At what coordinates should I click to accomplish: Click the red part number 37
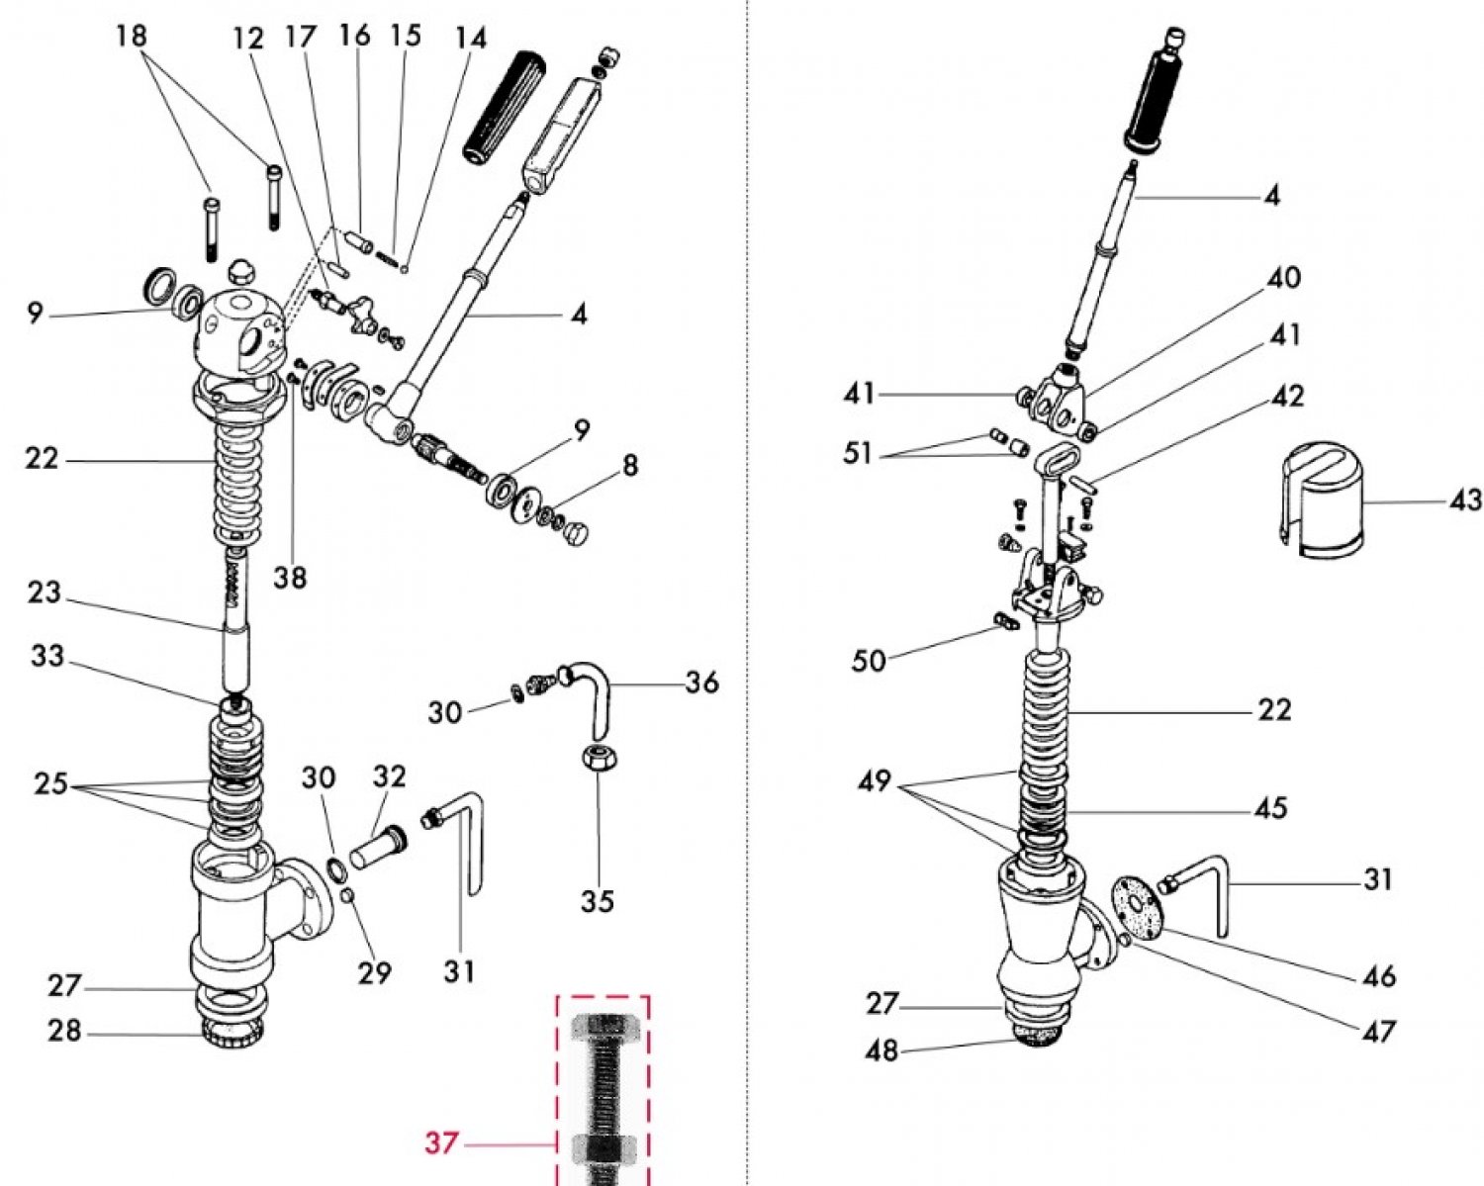[x=441, y=1143]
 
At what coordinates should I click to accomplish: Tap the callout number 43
[x=1464, y=501]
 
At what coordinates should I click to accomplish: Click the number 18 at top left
[x=131, y=37]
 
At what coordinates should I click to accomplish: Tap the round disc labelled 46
[x=1139, y=903]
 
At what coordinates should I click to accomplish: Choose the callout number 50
[x=869, y=660]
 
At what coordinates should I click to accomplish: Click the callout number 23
[x=44, y=593]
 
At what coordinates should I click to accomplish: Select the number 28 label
[x=65, y=1031]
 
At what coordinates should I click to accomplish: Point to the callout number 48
[x=881, y=1049]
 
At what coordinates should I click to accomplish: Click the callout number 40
[x=1284, y=278]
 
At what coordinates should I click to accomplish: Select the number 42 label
[x=1287, y=396]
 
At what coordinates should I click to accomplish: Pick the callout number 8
[x=630, y=464]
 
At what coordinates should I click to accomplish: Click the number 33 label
[x=46, y=656]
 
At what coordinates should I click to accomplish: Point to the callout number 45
[x=1270, y=808]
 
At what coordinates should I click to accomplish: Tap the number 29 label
[x=375, y=973]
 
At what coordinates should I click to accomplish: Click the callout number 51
[x=859, y=454]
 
